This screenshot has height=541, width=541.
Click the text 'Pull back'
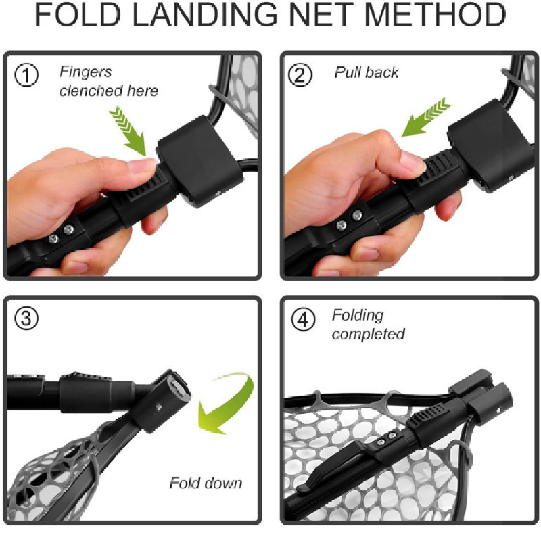pos(367,72)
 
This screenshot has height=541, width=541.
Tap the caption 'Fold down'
pos(205,483)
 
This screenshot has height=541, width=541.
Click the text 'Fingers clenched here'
pos(108,81)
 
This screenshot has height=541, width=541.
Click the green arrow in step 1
pos(128,132)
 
